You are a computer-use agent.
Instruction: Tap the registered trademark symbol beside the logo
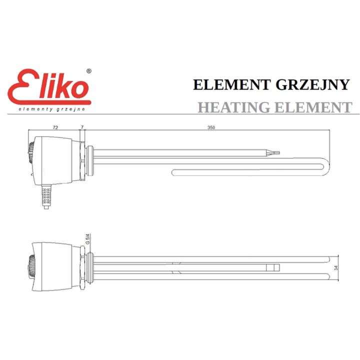(89, 71)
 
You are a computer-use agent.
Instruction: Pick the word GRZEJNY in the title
(312, 84)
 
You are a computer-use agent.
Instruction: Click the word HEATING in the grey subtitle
(234, 107)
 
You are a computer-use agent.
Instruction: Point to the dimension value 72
(55, 128)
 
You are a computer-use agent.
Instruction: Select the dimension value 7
(82, 128)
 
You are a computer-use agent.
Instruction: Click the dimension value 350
(211, 128)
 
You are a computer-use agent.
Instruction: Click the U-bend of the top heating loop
(325, 167)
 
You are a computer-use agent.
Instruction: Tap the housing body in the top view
(57, 160)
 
